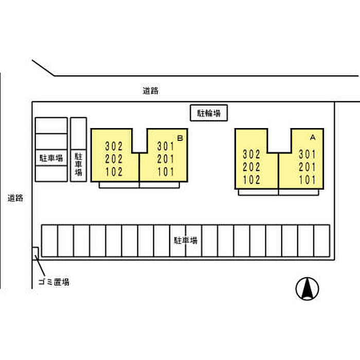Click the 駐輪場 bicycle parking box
209,113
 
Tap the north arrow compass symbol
307,289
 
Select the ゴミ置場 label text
54,282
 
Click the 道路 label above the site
150,91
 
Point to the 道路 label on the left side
15,197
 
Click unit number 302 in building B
114,146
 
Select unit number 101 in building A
307,180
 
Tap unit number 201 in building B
166,159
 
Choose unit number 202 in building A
251,167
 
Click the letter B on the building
180,138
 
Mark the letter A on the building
312,137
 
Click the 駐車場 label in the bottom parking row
186,240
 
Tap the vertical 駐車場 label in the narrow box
78,164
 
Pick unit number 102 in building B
114,172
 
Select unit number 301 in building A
307,154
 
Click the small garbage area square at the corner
35,252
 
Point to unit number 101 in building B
166,172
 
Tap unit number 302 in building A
251,154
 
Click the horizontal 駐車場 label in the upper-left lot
51,158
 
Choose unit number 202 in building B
114,159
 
